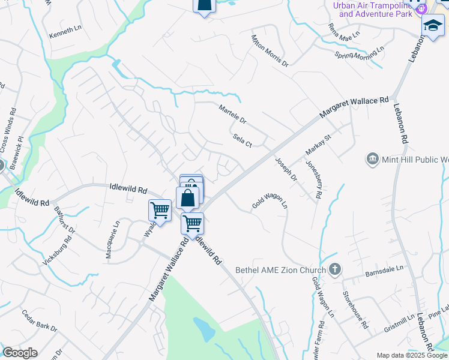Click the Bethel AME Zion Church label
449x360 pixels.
tap(280, 270)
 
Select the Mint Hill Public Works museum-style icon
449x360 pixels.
tap(373, 159)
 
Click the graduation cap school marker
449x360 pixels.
tap(432, 26)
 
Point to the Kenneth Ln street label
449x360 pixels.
tap(65, 29)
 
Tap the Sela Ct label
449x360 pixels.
tap(242, 140)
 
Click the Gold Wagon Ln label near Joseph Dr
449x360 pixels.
tap(270, 197)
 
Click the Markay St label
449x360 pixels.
tap(318, 147)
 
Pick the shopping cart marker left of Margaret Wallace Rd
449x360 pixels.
tap(160, 211)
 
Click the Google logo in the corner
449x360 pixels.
tap(19, 353)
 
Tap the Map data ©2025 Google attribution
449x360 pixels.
tap(412, 355)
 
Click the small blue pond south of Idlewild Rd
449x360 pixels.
tap(205, 328)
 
